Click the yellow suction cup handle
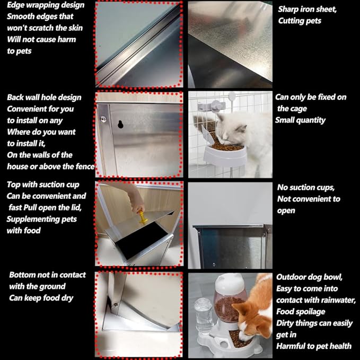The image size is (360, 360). click(x=143, y=217)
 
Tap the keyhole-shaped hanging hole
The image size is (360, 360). click(x=120, y=124)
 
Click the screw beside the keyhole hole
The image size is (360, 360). click(x=103, y=119)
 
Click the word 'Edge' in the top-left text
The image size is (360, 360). click(x=16, y=5)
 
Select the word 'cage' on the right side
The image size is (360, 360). click(x=298, y=109)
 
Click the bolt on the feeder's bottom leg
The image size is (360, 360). click(x=116, y=305)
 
